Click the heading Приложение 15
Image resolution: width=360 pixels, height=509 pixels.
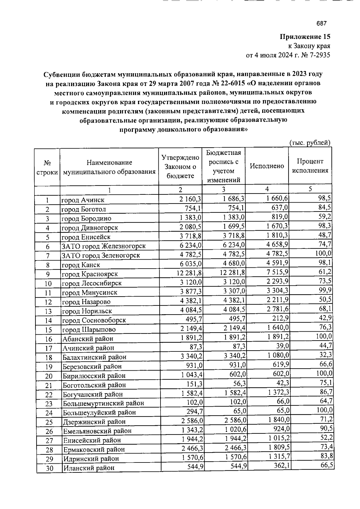tap(305, 37)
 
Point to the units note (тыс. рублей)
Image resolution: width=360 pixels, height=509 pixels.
tap(310, 143)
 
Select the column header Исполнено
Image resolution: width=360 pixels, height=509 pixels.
tap(267, 166)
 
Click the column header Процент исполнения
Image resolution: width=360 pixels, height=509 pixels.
tap(310, 166)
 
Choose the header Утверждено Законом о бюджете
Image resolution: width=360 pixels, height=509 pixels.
tap(180, 167)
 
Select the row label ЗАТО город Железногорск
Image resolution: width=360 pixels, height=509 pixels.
tap(103, 246)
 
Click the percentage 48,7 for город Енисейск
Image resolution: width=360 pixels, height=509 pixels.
tap(325, 235)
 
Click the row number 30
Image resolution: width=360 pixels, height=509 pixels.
tap(49, 468)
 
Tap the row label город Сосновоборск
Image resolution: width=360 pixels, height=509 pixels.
tap(94, 320)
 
